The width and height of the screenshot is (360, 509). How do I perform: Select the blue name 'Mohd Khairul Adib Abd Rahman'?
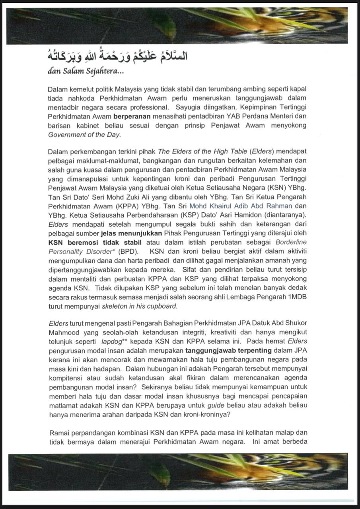pyautogui.click(x=241, y=206)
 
